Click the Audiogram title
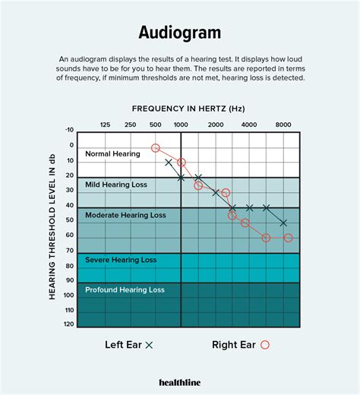[x=180, y=33]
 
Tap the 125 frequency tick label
[x=105, y=124]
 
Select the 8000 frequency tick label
[x=283, y=124]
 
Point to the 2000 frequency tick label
[x=216, y=124]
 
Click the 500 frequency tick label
[x=156, y=124]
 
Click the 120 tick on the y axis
[x=70, y=324]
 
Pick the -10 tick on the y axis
[x=70, y=131]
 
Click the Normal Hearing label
[x=112, y=154]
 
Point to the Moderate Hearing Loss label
[x=125, y=215]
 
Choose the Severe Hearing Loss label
[x=121, y=260]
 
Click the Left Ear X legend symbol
[x=150, y=345]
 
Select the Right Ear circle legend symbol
[x=264, y=345]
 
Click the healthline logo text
[x=180, y=382]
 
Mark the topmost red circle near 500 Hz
[x=156, y=148]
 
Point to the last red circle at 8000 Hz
[x=288, y=238]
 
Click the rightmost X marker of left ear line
[x=283, y=223]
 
